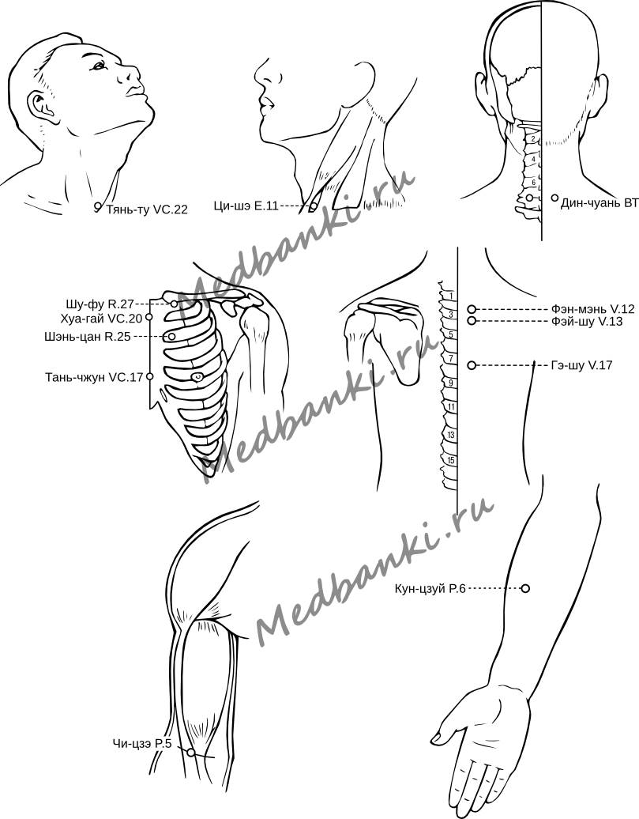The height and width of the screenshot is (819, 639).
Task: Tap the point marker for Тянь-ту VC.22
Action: pos(98,206)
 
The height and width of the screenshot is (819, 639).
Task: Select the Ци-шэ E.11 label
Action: pos(246,207)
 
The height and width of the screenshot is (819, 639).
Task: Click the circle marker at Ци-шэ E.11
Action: pos(314,207)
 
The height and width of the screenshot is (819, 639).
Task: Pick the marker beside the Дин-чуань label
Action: pos(555,198)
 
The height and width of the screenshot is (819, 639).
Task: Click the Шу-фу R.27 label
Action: pos(100,304)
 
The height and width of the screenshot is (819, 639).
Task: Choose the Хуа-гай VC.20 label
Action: pos(100,319)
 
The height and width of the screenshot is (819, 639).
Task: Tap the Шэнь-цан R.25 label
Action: pos(99,337)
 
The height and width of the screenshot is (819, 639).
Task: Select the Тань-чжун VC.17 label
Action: pos(94,377)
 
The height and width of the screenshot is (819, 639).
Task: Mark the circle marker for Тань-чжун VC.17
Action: pos(149,377)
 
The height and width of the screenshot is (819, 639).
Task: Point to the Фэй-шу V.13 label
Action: pos(584,322)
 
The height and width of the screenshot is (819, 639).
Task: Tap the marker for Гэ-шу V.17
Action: pos(472,365)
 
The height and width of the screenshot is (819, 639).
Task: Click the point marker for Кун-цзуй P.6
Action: pos(525,588)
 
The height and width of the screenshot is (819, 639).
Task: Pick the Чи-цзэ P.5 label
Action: pos(142,743)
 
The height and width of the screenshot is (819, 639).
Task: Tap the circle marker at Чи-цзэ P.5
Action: pos(191,753)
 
